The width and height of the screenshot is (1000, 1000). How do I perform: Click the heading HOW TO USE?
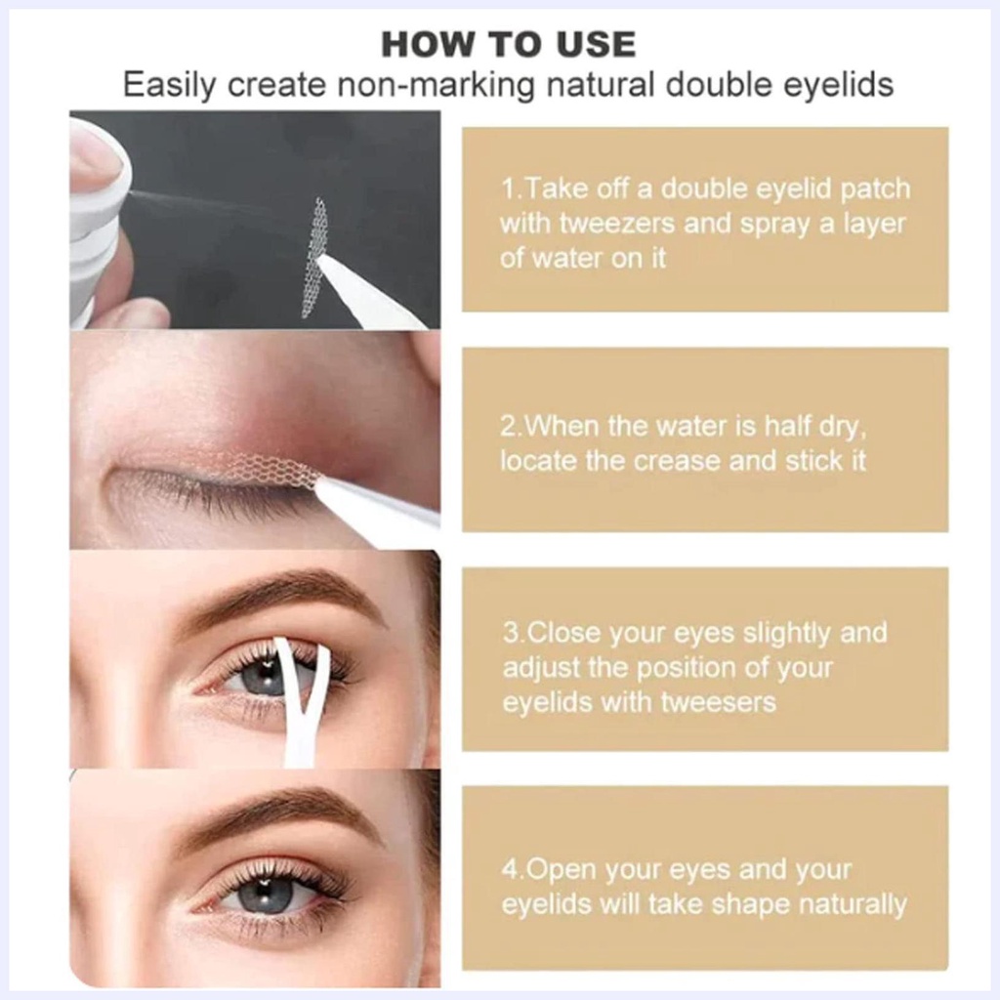tap(508, 44)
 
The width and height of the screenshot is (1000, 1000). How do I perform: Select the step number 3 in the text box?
tap(511, 633)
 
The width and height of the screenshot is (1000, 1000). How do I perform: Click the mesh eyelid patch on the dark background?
tap(315, 258)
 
